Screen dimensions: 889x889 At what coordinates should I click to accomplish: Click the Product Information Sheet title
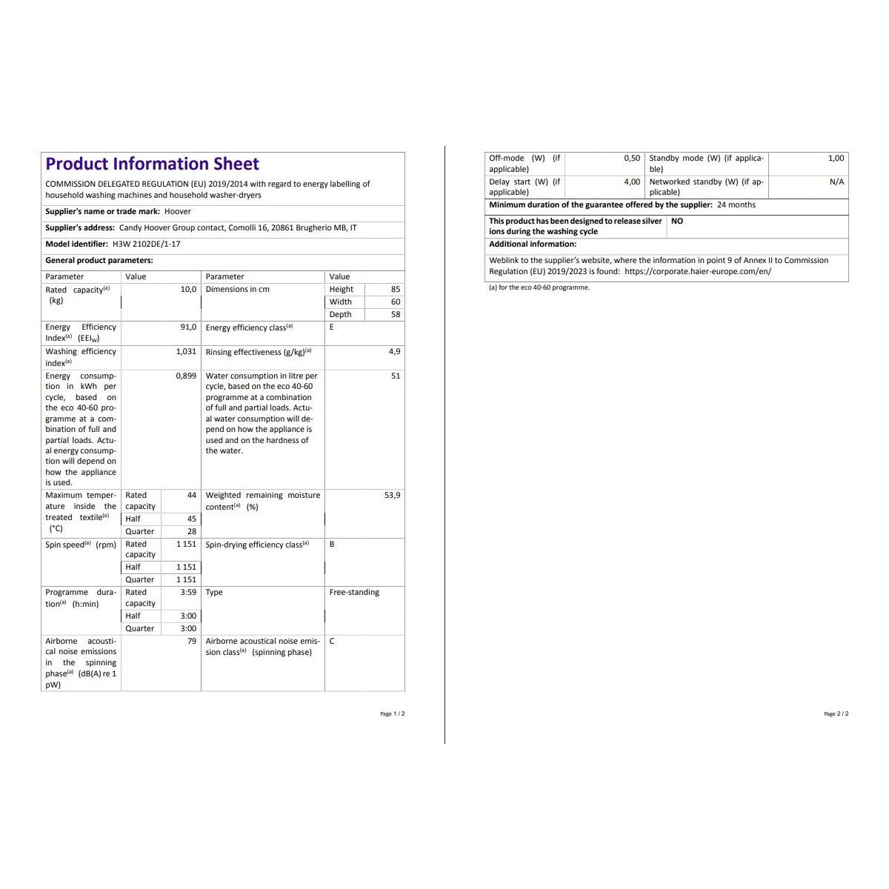click(x=153, y=164)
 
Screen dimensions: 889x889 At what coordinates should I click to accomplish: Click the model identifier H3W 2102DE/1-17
click(x=146, y=244)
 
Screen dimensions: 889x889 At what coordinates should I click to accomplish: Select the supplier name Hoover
click(x=178, y=211)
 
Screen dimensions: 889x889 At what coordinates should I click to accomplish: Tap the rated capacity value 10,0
click(x=188, y=290)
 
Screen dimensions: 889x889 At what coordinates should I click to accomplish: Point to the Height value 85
click(x=396, y=290)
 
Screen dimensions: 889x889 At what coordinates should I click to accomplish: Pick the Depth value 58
click(x=396, y=315)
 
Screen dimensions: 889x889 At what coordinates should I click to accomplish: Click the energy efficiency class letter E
click(x=332, y=327)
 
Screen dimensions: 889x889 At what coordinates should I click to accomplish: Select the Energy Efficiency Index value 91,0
click(x=188, y=327)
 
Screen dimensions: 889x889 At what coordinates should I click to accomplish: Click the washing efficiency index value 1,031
click(x=186, y=352)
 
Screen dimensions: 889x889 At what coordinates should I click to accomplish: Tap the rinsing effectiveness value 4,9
click(x=394, y=352)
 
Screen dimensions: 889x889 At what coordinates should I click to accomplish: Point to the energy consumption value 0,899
click(x=186, y=376)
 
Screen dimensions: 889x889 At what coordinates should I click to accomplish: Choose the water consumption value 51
click(x=396, y=376)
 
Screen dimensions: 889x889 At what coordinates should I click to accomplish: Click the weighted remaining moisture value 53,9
click(x=392, y=496)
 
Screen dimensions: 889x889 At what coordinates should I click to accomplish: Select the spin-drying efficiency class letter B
click(x=332, y=545)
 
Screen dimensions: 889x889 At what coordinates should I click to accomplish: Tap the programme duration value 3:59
click(x=188, y=593)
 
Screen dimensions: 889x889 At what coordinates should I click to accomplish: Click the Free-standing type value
click(x=354, y=593)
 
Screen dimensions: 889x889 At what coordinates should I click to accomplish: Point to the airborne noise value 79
click(x=192, y=642)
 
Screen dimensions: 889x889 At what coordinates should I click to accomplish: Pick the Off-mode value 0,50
click(x=632, y=159)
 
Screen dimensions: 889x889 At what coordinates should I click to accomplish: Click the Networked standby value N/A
click(x=836, y=182)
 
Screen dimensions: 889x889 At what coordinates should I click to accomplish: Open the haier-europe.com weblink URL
click(x=698, y=271)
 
